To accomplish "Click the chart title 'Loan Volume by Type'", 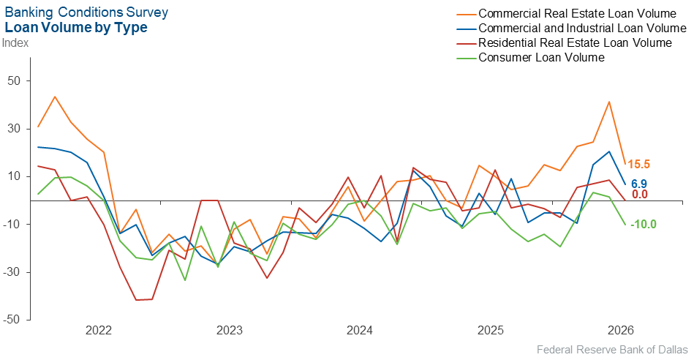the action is (x=75, y=28).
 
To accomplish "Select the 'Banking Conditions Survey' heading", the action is (x=86, y=12).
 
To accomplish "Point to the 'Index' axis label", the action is (x=15, y=43).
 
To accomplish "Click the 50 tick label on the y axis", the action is (x=13, y=81).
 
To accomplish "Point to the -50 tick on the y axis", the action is (x=12, y=320).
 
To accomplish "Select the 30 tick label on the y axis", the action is (x=13, y=129).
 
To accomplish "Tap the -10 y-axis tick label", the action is (x=12, y=224).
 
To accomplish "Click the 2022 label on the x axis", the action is (x=99, y=330).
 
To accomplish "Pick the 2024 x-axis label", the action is (x=360, y=330).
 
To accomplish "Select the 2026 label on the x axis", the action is (x=621, y=330).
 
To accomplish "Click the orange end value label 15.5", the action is (x=638, y=165).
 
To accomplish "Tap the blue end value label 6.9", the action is (x=639, y=184).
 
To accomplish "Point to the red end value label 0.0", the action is (x=640, y=195).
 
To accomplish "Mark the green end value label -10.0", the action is (x=643, y=225).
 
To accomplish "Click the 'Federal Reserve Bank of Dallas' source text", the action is (x=613, y=350).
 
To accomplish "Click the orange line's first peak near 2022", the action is (x=54, y=97).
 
